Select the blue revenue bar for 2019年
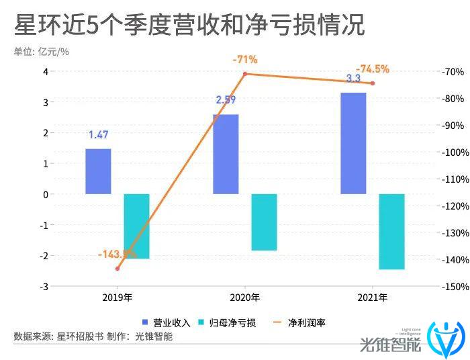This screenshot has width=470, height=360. tap(98, 171)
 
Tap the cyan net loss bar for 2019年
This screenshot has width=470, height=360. tap(136, 226)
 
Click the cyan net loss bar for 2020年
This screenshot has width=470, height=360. tap(264, 222)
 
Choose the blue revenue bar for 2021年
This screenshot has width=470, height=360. tap(353, 143)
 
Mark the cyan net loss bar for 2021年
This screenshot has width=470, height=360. tap(391, 231)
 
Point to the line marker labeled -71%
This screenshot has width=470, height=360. tap(245, 74)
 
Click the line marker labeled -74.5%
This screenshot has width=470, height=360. tap(373, 83)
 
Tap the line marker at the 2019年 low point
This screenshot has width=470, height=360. tap(117, 269)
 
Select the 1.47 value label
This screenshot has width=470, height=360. tap(98, 135)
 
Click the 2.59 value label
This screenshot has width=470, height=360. tap(226, 100)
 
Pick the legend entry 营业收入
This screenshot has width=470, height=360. tap(167, 322)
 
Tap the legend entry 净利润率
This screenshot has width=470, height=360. tap(301, 322)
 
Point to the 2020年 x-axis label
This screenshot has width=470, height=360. tap(245, 297)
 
